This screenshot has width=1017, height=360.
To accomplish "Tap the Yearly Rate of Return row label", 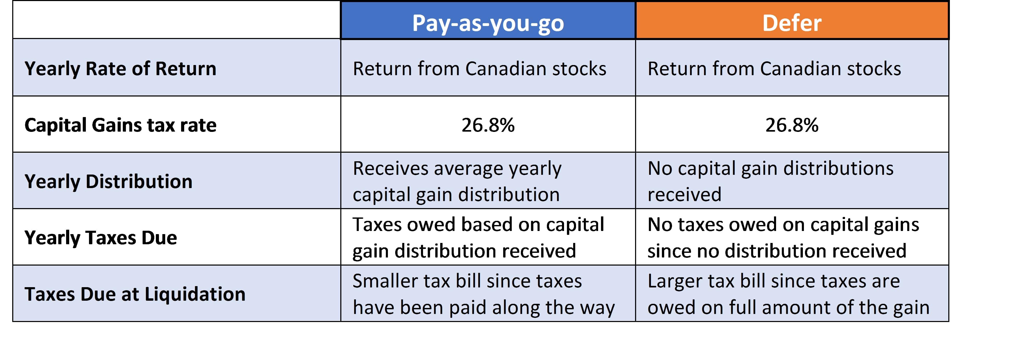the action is point(120,69).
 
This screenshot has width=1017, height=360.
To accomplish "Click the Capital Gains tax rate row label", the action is point(120,125).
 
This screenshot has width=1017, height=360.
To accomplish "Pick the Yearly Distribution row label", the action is point(108,182).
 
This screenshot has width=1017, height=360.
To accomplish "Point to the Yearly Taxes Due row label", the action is point(101,238).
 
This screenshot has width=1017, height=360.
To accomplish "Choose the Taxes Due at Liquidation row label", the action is point(135,294).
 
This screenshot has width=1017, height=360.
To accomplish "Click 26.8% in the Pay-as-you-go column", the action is point(488,125).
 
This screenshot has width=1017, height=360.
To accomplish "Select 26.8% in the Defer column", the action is point(792,125).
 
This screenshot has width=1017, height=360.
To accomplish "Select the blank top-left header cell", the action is point(176,20).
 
